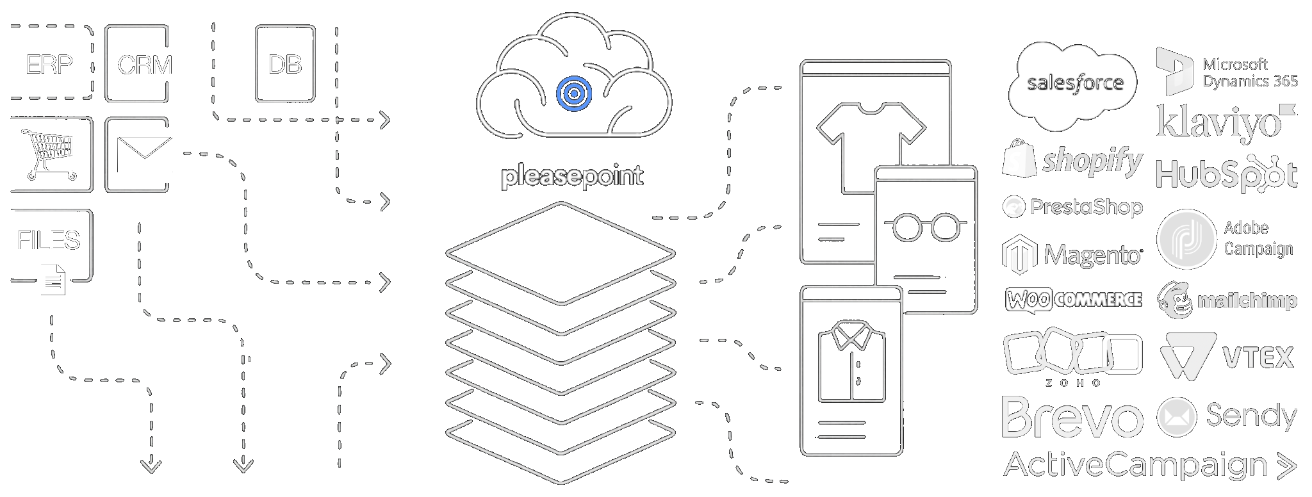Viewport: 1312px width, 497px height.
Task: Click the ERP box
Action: point(50,64)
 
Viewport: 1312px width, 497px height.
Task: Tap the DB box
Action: point(285,64)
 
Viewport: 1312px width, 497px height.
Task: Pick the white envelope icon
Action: point(145,154)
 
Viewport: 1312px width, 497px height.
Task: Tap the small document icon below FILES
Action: point(53,280)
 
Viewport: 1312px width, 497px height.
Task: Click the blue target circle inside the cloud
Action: point(574,94)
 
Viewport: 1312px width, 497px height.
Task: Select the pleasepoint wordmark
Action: point(571,176)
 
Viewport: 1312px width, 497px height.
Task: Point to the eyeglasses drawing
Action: point(926,226)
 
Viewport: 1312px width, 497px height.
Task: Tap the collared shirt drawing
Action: point(851,362)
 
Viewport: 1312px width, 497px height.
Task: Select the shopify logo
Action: point(1073,160)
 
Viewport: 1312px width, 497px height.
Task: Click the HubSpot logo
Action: point(1226,174)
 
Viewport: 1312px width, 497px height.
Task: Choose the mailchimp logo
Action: point(1227,300)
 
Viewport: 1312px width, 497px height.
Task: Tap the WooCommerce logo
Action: point(1074,300)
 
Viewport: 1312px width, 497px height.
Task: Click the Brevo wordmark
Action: point(1072,418)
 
